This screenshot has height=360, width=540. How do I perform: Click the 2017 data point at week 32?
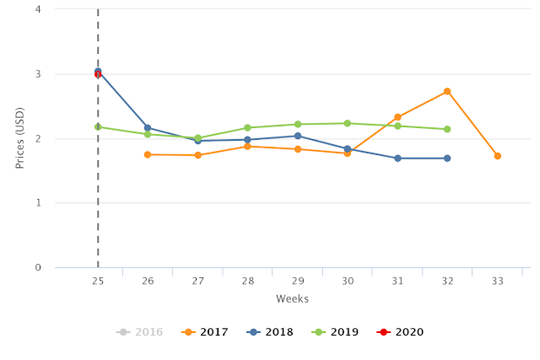click(447, 91)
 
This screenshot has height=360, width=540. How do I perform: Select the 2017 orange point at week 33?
click(498, 156)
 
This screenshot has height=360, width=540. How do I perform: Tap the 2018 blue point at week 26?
click(148, 128)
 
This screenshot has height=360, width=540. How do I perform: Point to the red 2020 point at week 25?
click(98, 74)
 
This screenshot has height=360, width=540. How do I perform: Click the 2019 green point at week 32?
click(447, 129)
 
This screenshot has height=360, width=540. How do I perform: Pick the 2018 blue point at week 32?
click(447, 159)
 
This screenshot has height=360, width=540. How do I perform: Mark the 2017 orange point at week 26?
click(148, 154)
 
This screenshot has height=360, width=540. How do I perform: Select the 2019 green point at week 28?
click(247, 128)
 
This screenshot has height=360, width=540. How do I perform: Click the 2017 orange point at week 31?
click(397, 117)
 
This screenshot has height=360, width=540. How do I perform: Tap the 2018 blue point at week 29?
click(298, 136)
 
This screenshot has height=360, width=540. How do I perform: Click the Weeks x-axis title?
click(292, 299)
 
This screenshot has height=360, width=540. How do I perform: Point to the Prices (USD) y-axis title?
click(20, 138)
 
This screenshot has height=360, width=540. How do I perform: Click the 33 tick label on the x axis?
click(498, 282)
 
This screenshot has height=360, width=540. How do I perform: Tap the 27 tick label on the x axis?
click(197, 282)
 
